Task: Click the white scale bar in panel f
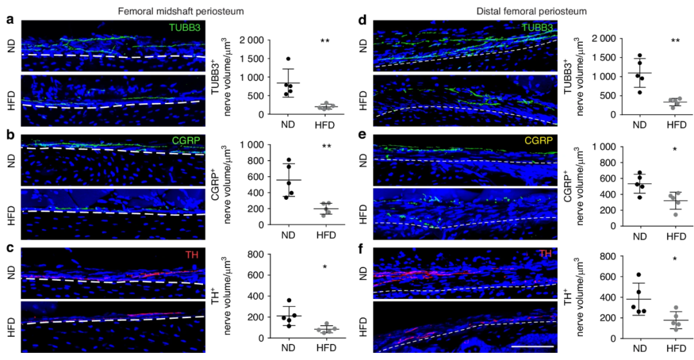pos(533,345)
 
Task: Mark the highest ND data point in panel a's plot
pos(289,59)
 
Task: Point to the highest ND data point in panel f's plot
pos(638,275)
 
